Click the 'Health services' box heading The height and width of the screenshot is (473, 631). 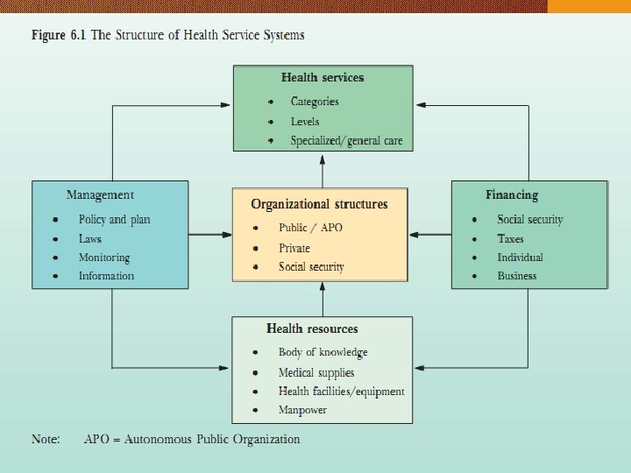click(322, 77)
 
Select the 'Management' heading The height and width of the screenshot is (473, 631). click(100, 194)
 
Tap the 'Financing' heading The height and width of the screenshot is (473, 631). click(512, 194)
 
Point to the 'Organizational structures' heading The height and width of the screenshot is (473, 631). click(319, 204)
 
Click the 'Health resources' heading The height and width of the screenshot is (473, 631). click(312, 328)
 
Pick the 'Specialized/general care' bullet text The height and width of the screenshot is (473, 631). click(347, 141)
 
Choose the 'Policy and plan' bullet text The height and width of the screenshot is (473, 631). click(115, 220)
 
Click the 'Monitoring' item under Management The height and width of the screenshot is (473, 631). click(103, 258)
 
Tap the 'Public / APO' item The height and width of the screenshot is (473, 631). click(311, 228)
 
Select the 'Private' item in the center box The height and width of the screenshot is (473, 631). click(294, 248)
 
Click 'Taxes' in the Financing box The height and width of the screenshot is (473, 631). click(510, 238)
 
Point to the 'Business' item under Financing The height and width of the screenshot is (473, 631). click(517, 276)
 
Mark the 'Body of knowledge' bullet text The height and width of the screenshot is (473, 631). click(323, 352)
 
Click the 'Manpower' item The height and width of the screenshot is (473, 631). click(303, 410)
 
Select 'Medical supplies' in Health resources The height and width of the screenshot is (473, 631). click(316, 372)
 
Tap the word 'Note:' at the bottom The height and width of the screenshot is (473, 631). click(46, 439)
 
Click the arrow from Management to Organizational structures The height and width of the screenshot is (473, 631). click(210, 234)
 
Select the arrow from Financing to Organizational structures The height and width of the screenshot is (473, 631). click(429, 234)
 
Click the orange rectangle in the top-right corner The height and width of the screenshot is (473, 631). click(589, 6)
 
